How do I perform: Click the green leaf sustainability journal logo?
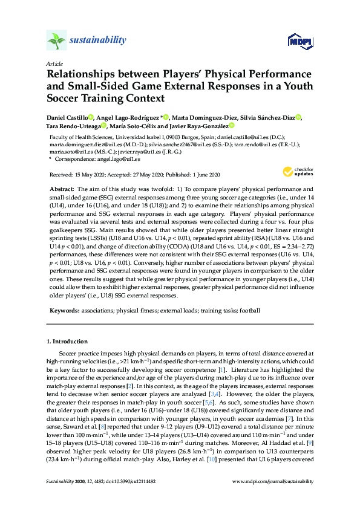coord(56,41)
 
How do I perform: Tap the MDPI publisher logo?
coord(299,41)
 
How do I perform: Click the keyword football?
coord(250,310)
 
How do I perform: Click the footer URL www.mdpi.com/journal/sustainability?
coord(274,499)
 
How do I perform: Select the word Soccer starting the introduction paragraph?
coord(68,352)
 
